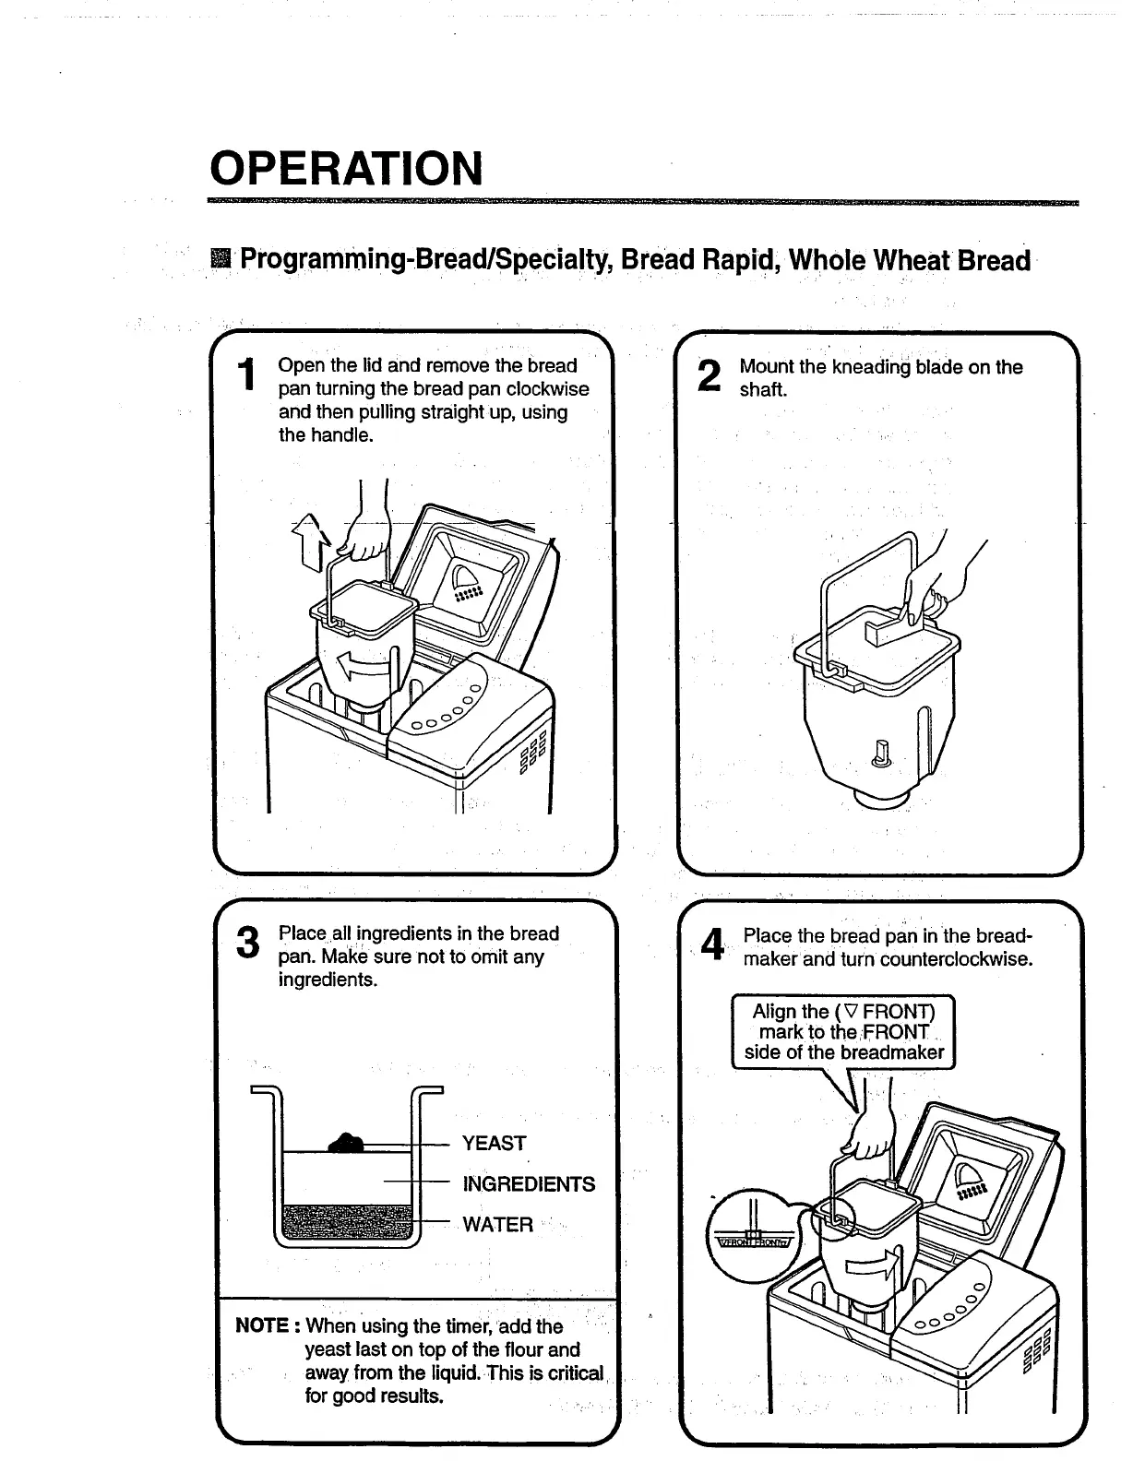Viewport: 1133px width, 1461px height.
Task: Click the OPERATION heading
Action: pos(346,168)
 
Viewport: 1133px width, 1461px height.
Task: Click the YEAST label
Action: pos(494,1144)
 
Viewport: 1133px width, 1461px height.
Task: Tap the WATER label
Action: pos(497,1225)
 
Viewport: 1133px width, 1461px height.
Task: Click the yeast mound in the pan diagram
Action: pos(347,1144)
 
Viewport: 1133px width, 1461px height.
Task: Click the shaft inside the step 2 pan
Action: pos(879,752)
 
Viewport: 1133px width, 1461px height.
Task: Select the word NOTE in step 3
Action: pos(263,1326)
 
